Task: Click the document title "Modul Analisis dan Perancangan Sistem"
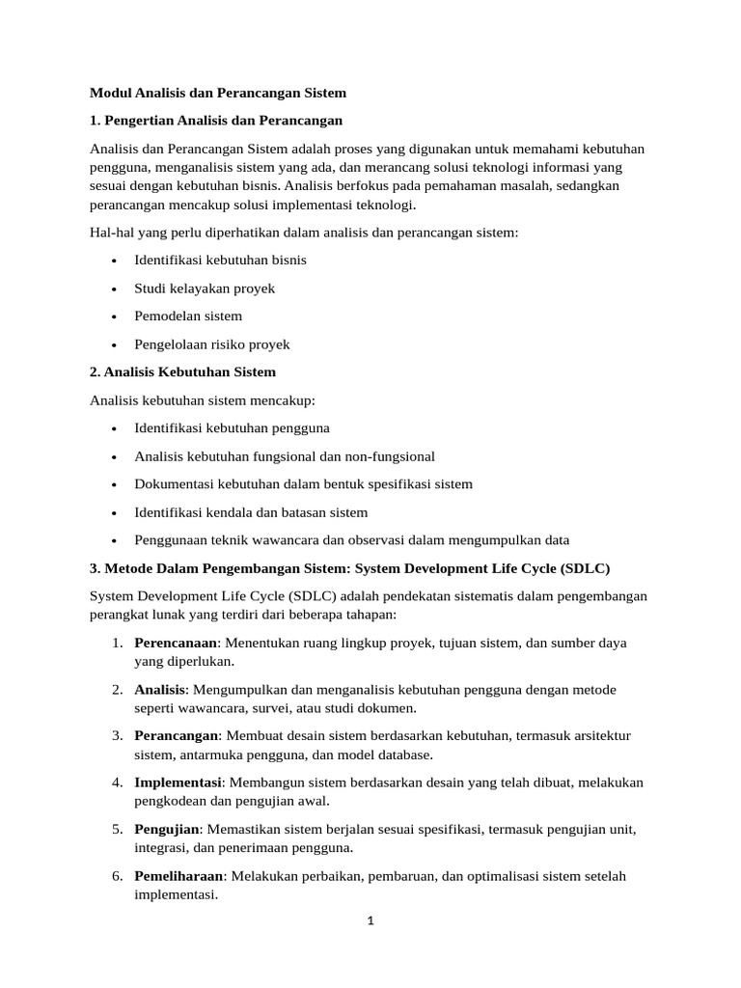pyautogui.click(x=217, y=93)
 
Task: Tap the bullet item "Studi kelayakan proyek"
pyautogui.click(x=205, y=288)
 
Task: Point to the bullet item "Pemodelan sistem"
pyautogui.click(x=188, y=316)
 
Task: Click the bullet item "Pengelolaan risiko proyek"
pyautogui.click(x=212, y=343)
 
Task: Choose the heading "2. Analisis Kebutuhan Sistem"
pyautogui.click(x=182, y=371)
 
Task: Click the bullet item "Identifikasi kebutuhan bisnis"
pyautogui.click(x=221, y=261)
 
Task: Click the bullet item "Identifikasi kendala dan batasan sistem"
pyautogui.click(x=251, y=512)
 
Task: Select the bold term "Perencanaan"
pyautogui.click(x=176, y=643)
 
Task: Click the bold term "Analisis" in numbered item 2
pyautogui.click(x=159, y=690)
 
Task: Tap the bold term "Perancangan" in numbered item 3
pyautogui.click(x=177, y=736)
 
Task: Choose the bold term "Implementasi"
pyautogui.click(x=178, y=782)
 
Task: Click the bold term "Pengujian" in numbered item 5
pyautogui.click(x=167, y=829)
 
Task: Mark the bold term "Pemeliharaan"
pyautogui.click(x=178, y=876)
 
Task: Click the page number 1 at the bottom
pyautogui.click(x=370, y=920)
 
